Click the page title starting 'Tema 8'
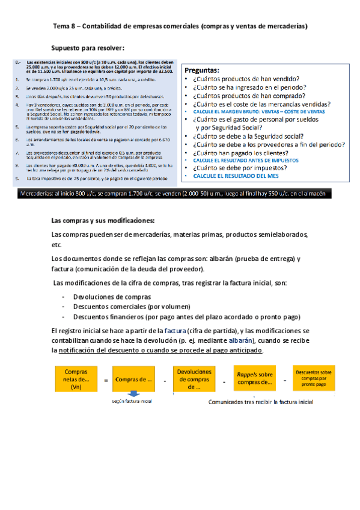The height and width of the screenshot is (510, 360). (x=181, y=26)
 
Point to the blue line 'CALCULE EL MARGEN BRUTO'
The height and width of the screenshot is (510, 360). (x=259, y=112)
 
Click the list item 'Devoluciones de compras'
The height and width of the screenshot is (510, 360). (x=112, y=296)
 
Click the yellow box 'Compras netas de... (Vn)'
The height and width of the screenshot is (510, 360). (x=76, y=379)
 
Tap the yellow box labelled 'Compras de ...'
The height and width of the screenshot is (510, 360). (x=133, y=379)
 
